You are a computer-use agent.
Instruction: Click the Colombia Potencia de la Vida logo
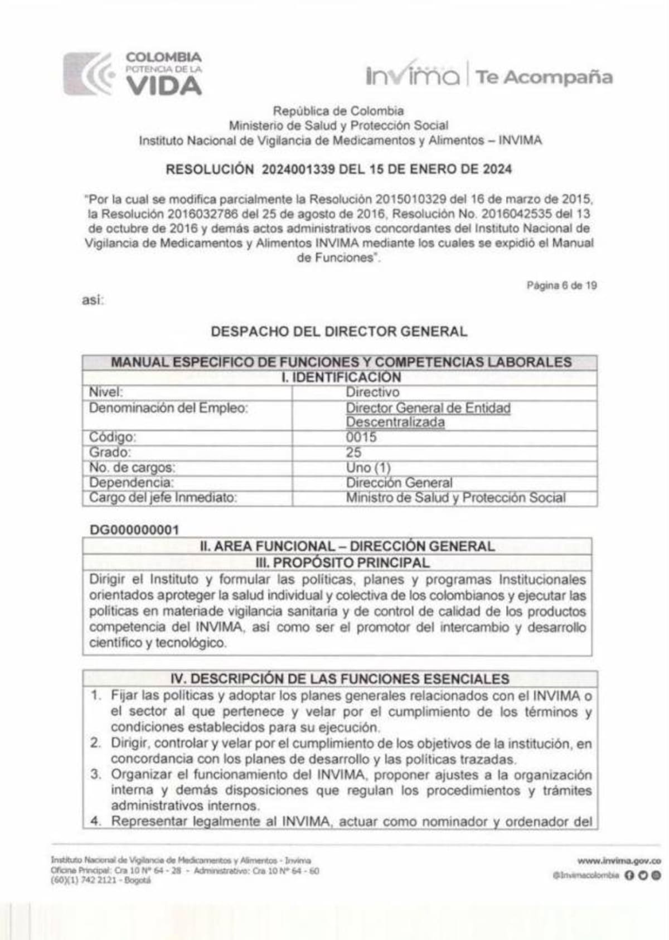point(133,74)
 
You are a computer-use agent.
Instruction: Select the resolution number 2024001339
point(298,169)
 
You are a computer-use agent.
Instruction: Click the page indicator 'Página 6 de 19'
point(561,285)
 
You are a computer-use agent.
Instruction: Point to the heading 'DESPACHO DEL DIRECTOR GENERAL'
point(339,332)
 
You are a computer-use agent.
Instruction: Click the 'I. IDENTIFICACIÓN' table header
point(341,377)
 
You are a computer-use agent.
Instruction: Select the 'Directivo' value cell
point(372,393)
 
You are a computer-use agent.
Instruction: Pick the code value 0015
point(361,437)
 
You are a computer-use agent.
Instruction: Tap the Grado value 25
point(353,452)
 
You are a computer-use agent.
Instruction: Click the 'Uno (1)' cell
point(368,467)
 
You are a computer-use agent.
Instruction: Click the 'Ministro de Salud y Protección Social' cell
point(455,497)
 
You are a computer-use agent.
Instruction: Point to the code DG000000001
point(134,530)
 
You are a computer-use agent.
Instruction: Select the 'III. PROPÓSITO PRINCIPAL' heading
point(342,563)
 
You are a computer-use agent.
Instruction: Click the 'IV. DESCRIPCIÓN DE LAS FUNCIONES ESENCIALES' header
point(340,679)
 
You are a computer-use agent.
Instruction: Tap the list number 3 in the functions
point(96,774)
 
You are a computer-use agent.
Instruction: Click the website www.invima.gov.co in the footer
point(619,861)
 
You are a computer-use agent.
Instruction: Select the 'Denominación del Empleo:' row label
point(168,408)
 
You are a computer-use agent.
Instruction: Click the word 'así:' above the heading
point(93,301)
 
